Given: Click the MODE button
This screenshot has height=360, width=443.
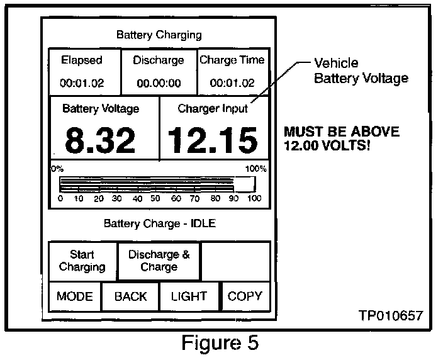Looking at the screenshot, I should coord(75,296).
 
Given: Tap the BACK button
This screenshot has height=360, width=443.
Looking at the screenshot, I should coord(130,296).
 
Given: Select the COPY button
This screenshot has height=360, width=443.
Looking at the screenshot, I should coord(245,296).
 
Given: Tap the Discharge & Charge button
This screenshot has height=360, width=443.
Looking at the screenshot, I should coord(159,261).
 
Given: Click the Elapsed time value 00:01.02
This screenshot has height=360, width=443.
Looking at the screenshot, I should coord(81,82).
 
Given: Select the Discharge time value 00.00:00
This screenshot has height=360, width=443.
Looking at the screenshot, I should coord(159,82).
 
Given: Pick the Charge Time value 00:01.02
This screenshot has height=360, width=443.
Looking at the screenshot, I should coord(232,82).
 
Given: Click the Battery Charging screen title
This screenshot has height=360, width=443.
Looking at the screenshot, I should coord(159,35).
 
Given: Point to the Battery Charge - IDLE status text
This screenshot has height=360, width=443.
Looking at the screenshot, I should coord(159,223).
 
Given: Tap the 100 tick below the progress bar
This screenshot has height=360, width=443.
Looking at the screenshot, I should coord(254,199).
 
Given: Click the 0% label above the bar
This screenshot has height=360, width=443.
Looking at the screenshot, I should coord(57,169).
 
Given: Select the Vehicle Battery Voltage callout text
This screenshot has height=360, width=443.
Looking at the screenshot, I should coord(361,70).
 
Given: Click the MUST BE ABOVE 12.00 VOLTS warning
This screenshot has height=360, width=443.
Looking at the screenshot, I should coord(341,139).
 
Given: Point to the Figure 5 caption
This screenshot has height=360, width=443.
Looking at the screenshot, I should coord(220,344).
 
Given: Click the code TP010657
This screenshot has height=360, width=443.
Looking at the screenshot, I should coord(391,315).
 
